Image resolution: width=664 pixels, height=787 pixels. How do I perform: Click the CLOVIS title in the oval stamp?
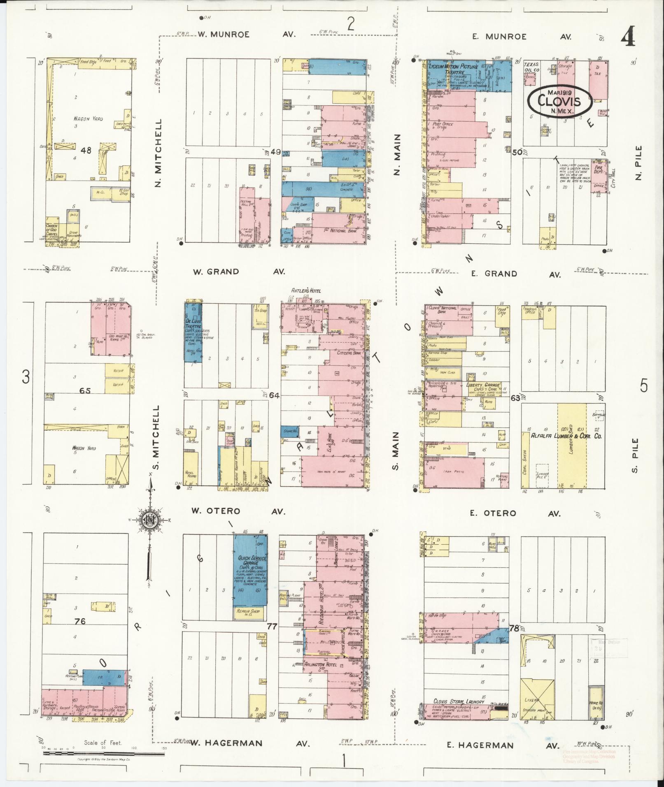pos(560,102)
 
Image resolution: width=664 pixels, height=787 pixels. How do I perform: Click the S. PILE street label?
pos(635,455)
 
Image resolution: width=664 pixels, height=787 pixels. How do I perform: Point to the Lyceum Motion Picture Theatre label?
pos(453,69)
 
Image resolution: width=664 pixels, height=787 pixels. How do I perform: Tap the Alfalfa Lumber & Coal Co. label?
pos(566,436)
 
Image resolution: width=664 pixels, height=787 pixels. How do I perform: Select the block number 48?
pos(86,151)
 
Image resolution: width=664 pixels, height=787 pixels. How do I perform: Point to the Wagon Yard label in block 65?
pos(84,448)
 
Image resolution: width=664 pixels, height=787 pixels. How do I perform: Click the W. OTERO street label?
pos(215,511)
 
